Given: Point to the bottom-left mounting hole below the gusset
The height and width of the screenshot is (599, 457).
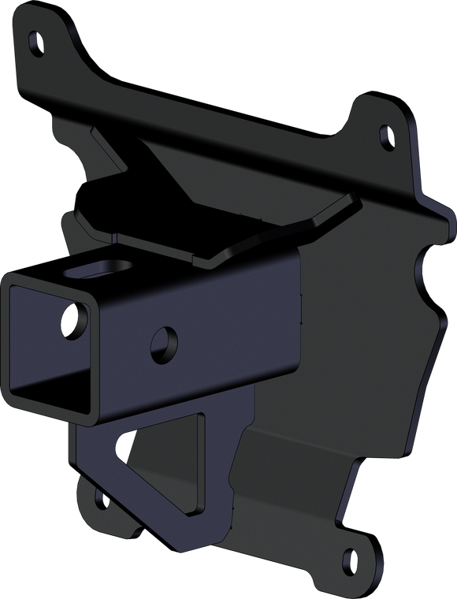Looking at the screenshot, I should pos(100,499).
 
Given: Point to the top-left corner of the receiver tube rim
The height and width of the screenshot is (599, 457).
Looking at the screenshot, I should pos(6,277).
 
